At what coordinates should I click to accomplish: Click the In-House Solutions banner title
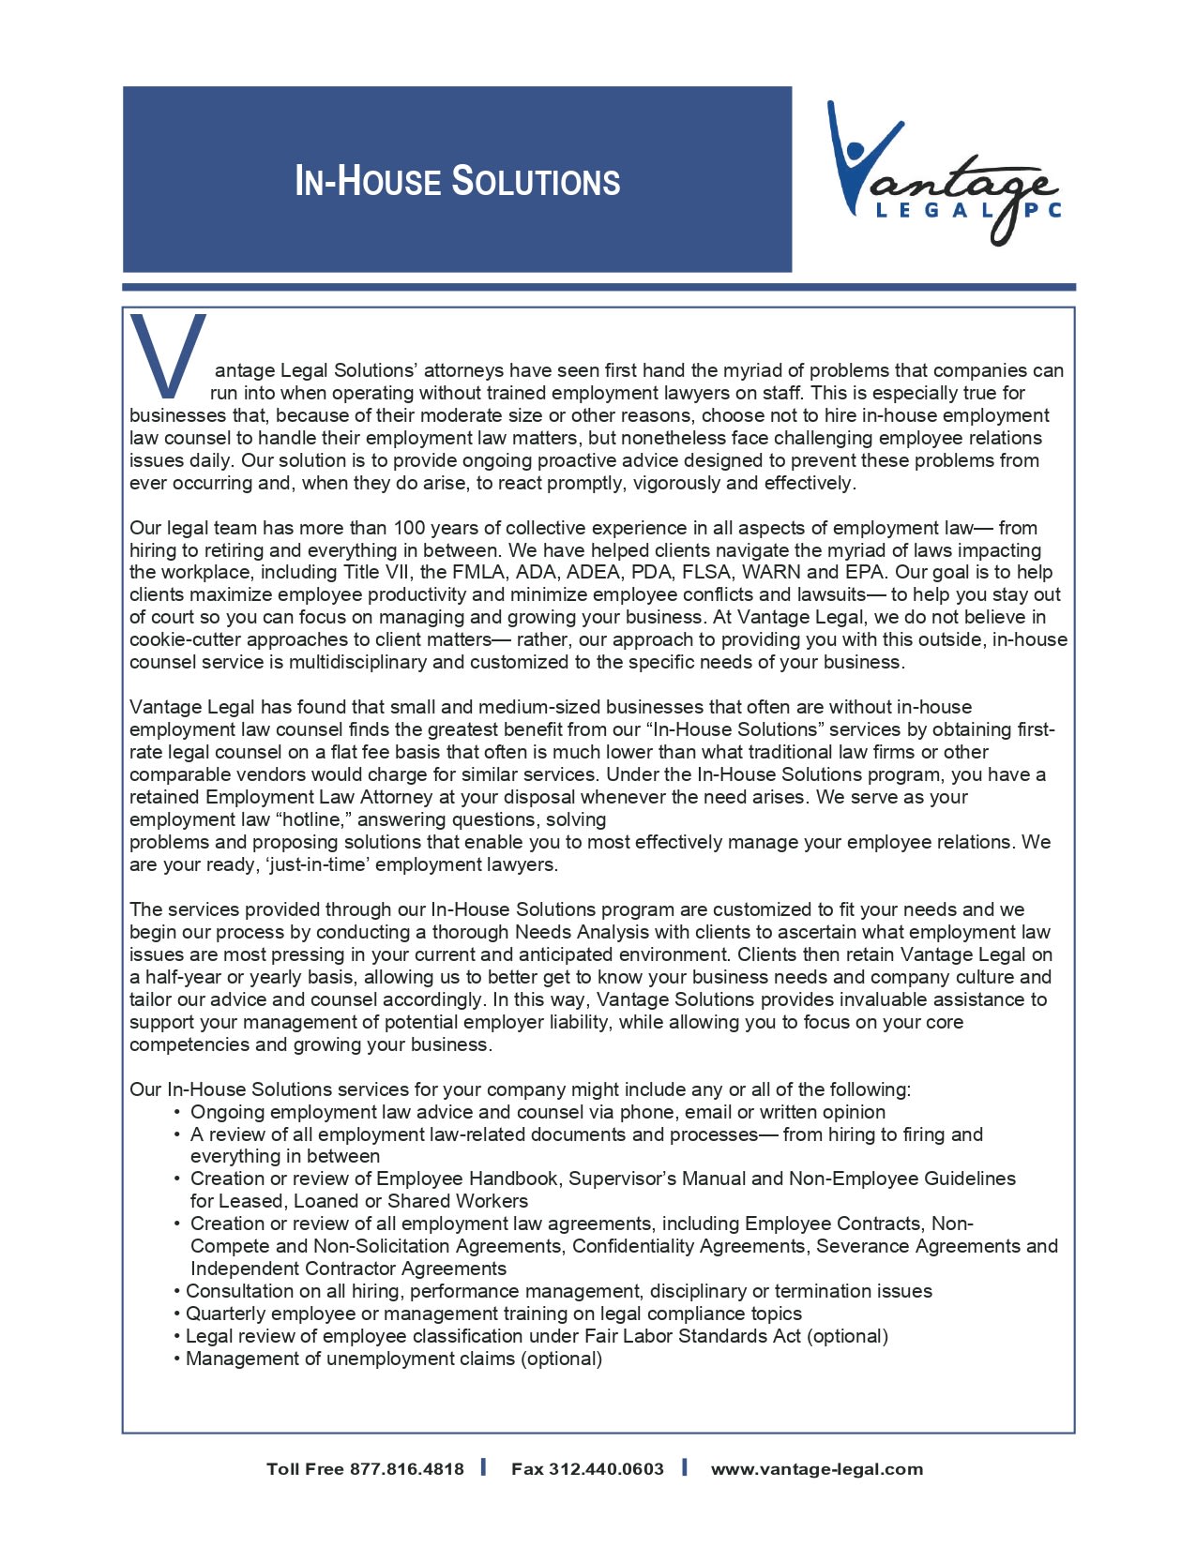(x=458, y=181)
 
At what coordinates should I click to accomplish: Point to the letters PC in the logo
(x=1042, y=211)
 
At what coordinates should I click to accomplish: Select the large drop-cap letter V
(x=168, y=354)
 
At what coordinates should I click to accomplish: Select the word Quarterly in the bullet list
(x=226, y=1314)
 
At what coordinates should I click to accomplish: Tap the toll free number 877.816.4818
(x=406, y=1469)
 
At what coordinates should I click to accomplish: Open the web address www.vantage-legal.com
(x=816, y=1469)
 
